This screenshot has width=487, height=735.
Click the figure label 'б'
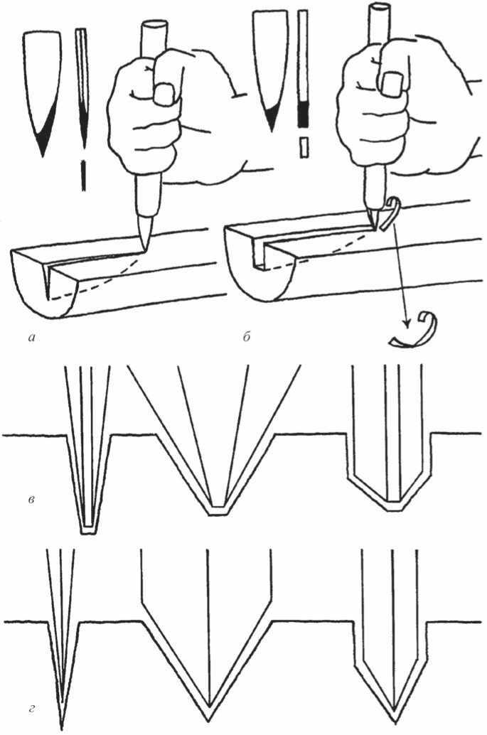(247, 336)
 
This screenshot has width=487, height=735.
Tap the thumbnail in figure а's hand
(164, 94)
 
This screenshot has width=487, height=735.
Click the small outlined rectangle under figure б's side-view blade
(304, 146)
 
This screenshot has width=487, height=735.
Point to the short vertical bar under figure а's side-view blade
(83, 176)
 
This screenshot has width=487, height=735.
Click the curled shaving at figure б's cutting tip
(388, 215)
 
